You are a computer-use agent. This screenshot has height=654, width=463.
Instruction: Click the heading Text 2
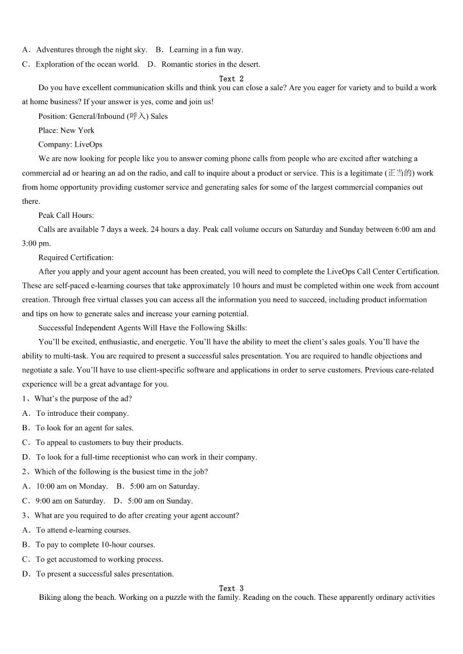coord(232,79)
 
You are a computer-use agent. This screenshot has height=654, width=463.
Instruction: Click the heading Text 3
coord(232,589)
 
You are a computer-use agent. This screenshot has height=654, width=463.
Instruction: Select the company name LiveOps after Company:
coord(88,144)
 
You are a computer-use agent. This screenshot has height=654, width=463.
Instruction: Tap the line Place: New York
coord(66,130)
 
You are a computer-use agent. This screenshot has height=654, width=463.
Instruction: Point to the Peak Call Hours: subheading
coord(66,215)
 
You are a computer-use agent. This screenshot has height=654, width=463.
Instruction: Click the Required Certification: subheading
coord(76,257)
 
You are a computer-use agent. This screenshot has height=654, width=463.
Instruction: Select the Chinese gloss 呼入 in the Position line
coord(138,116)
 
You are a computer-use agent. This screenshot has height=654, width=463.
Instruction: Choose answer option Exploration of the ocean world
coord(87,64)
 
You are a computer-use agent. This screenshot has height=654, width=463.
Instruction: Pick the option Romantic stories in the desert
coord(211,64)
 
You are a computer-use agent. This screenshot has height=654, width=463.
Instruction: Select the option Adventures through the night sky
coord(91,50)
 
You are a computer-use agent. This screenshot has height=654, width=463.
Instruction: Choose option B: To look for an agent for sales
coord(84,428)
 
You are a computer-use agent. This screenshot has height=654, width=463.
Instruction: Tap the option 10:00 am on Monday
coord(71,486)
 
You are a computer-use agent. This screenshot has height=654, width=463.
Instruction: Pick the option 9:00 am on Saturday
coord(70,501)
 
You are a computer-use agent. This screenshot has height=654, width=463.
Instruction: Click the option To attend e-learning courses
coord(83,530)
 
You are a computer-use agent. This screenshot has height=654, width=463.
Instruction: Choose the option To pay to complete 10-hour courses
coord(95,545)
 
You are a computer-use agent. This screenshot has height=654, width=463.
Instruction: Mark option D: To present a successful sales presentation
coord(104,574)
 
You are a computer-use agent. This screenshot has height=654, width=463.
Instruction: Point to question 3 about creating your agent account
coord(136,515)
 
